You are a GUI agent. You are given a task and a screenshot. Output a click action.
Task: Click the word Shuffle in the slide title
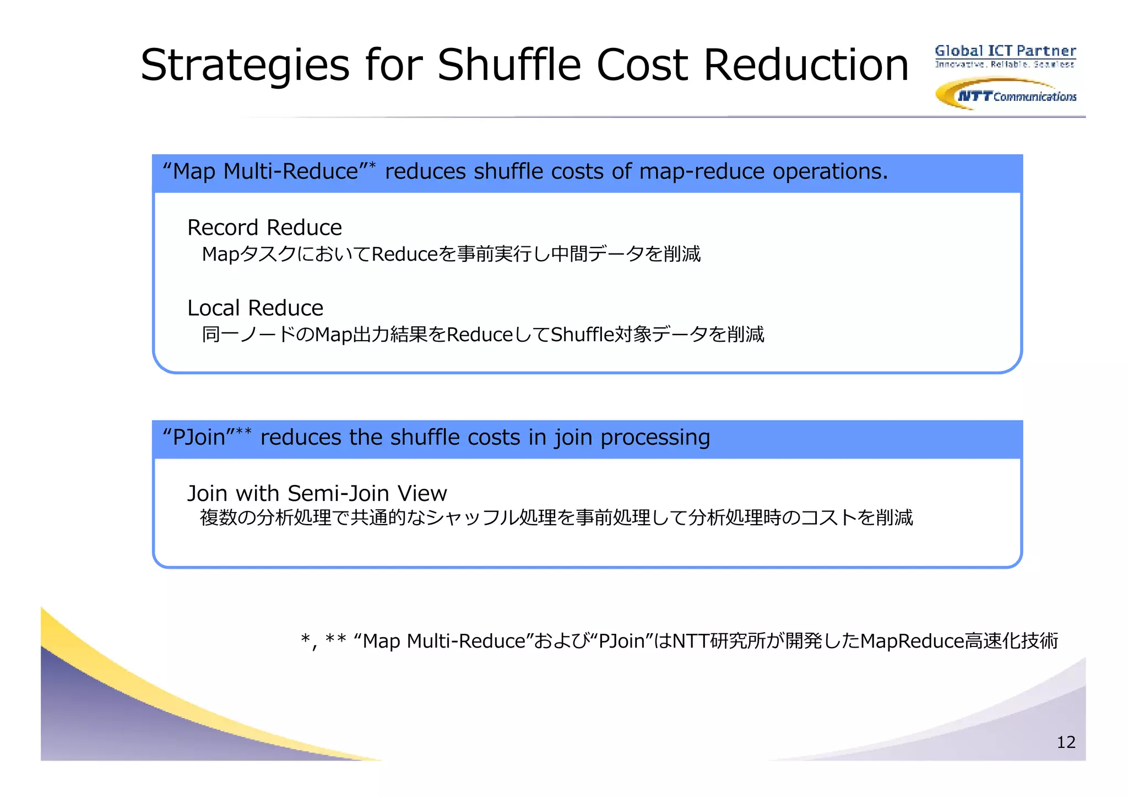point(509,65)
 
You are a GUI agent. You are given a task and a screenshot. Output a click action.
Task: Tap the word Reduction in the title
point(805,65)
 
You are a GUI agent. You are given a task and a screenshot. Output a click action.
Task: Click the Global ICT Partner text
point(1005,51)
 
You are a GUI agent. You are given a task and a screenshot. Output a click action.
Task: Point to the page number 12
point(1066,742)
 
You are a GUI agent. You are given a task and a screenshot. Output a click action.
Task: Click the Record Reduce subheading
point(264,228)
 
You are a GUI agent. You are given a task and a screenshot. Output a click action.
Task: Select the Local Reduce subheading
point(255,308)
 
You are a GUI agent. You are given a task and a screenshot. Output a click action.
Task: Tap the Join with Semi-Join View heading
point(317,493)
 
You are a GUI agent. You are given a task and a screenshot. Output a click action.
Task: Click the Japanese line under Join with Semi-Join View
point(556,518)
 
